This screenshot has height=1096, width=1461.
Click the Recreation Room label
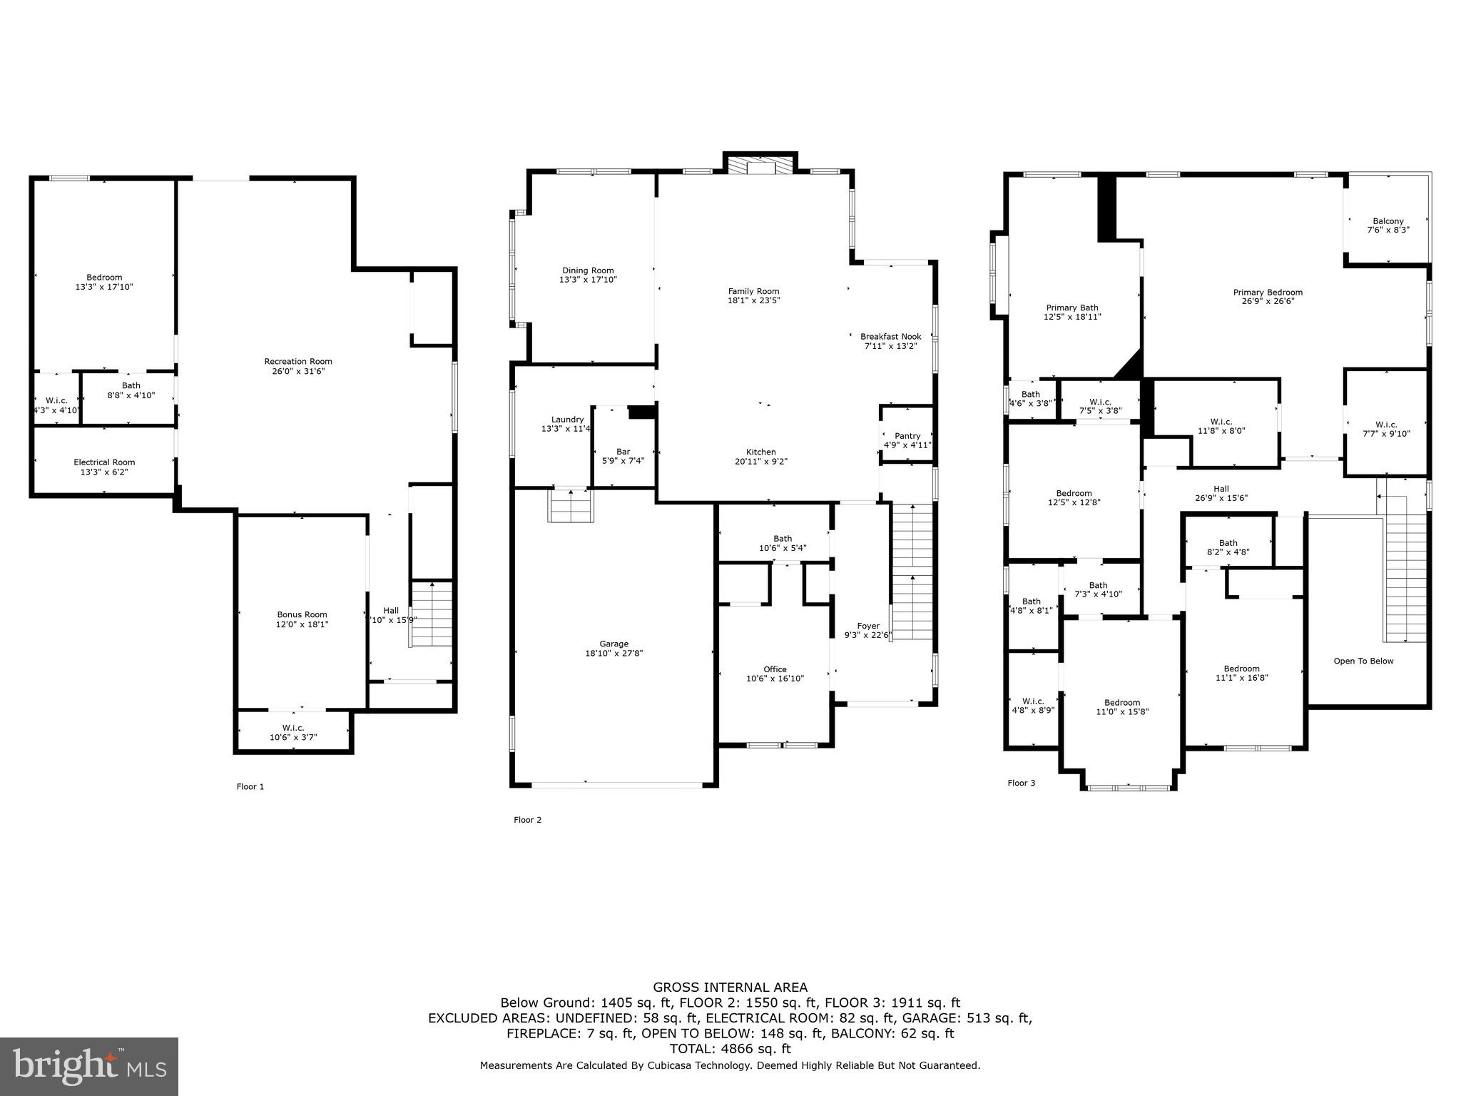point(298,362)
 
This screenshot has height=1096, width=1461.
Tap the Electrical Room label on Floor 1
point(104,462)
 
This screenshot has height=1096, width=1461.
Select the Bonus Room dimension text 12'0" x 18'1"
point(302,624)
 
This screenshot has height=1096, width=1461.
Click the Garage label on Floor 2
point(614,644)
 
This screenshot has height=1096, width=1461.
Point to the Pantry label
point(907,436)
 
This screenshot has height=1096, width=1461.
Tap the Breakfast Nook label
point(890,337)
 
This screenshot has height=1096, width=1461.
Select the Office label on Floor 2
point(775,669)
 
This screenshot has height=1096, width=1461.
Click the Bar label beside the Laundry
point(623,452)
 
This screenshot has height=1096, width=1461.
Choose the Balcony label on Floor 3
point(1388,221)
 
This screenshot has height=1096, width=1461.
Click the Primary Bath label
point(1072,308)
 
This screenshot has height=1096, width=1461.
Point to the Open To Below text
point(1363,661)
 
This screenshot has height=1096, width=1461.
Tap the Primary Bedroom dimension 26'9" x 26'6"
point(1268,301)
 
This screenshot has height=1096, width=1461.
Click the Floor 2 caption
point(527,820)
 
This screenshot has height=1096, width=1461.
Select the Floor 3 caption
point(1021,783)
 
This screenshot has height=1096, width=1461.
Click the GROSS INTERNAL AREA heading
point(730,988)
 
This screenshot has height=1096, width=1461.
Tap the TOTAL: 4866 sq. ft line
point(730,1049)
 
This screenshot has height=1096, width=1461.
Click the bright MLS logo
point(89,1067)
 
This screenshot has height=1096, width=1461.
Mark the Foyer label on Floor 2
point(868,626)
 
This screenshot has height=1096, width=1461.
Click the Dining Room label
point(588,270)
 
